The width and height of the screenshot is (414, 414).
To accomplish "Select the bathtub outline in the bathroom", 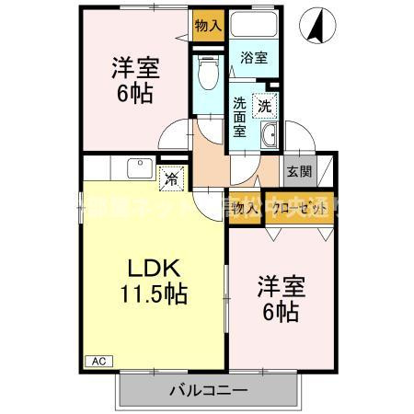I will point(255,27).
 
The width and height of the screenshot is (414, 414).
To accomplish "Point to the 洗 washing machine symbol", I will point(265,106).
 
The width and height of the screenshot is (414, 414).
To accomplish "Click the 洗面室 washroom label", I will point(239,116).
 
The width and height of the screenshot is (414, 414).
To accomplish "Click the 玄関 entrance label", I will point(297,171).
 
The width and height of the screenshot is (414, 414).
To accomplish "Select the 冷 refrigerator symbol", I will point(171,180).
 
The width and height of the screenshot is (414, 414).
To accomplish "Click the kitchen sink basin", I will point(139,168).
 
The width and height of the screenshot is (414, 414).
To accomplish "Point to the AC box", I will point(98,361).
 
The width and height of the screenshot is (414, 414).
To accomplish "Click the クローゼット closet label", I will point(298,211).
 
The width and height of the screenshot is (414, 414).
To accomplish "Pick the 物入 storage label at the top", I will point(208,25).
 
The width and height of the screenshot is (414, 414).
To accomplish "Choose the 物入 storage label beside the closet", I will point(246,211).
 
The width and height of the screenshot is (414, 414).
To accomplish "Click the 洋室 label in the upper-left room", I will point(135,67).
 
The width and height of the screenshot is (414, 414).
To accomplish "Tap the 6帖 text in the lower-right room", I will point(279,313).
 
